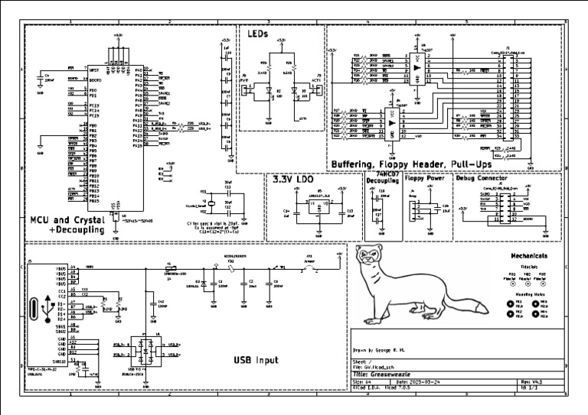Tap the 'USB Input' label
256,360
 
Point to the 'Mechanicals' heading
529,255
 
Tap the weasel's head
370,256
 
